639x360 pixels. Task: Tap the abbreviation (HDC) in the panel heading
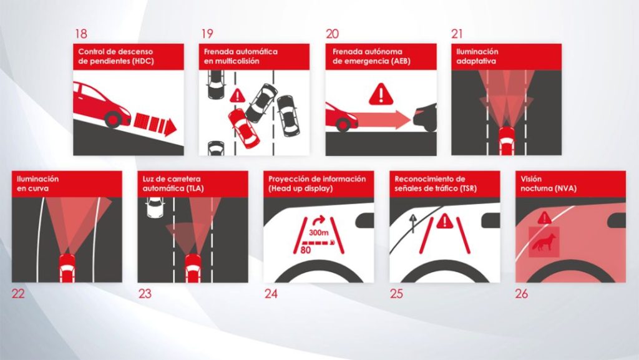pyautogui.click(x=140, y=61)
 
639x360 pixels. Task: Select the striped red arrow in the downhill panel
pyautogui.click(x=156, y=125)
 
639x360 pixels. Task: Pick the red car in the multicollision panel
pyautogui.click(x=243, y=128)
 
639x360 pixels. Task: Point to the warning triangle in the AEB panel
pyautogui.click(x=379, y=95)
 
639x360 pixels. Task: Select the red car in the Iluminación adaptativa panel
pyautogui.click(x=506, y=139)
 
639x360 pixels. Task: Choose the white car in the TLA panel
pyautogui.click(x=153, y=207)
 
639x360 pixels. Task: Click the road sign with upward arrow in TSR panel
pyautogui.click(x=412, y=221)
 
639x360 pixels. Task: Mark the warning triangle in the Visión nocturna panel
pyautogui.click(x=545, y=217)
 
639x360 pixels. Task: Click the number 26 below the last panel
pyautogui.click(x=522, y=293)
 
